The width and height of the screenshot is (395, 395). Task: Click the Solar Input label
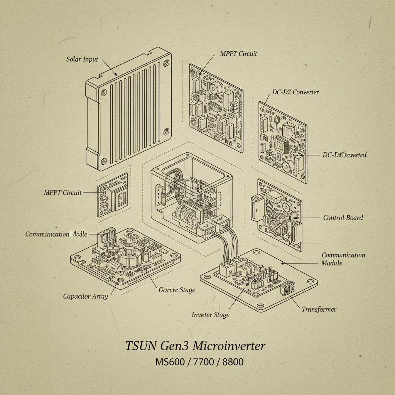[x=82, y=59]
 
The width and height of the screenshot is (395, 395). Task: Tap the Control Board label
[x=343, y=218]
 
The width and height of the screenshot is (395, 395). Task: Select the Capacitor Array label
[x=85, y=296]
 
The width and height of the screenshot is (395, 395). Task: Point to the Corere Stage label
[x=177, y=290]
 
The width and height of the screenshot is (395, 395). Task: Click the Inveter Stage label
[x=210, y=315]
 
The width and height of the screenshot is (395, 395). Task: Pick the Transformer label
[x=319, y=309]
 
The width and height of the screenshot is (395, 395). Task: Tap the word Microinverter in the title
[x=229, y=346]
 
